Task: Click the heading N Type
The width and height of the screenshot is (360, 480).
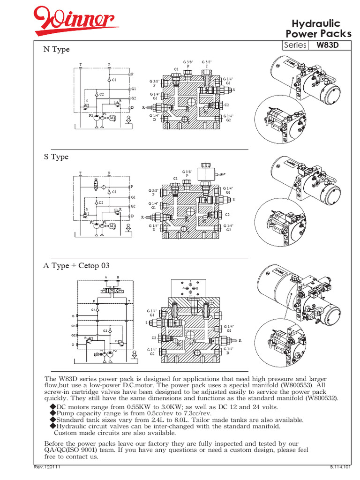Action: (x=56, y=50)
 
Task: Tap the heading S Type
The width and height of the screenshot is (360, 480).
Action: (x=56, y=157)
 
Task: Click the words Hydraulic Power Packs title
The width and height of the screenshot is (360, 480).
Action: (x=318, y=29)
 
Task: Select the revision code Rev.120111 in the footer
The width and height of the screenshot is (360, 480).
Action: (x=47, y=467)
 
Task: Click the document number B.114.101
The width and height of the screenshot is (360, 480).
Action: (x=340, y=467)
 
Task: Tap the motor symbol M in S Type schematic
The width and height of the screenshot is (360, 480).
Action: (x=112, y=225)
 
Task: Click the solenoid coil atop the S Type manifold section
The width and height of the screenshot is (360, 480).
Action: (x=206, y=176)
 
